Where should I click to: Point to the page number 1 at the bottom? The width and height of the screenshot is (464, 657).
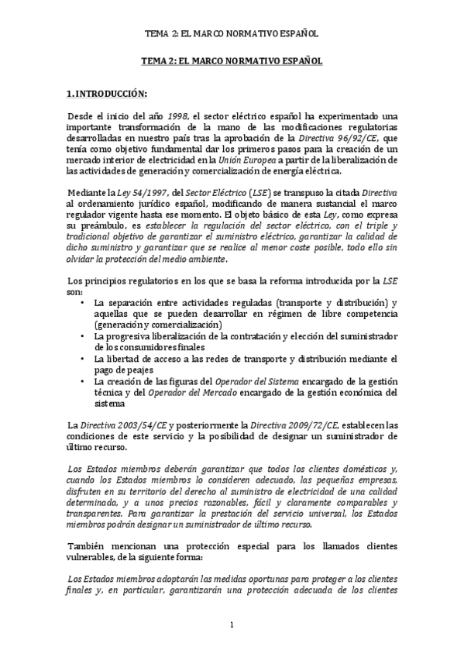pyautogui.click(x=232, y=624)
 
